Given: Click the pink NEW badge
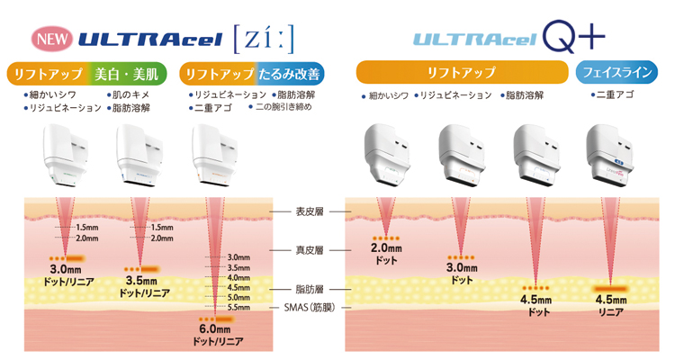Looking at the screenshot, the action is point(52,39).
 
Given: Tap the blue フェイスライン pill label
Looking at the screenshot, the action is point(616,72).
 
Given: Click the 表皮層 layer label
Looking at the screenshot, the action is point(310,211).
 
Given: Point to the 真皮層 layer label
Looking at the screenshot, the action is point(310,250).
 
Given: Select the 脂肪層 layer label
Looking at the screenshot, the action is point(310,290).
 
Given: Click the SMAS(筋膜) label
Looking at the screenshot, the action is point(310,308).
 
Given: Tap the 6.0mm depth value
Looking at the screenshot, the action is point(215,329).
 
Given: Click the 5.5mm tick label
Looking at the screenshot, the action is point(238,308).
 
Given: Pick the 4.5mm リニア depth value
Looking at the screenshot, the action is point(611,300).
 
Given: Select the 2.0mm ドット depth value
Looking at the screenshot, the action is point(386,248).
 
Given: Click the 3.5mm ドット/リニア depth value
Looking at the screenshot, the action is point(141,281).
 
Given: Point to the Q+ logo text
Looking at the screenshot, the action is point(574,37).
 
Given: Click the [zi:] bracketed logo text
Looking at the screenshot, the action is point(264,40).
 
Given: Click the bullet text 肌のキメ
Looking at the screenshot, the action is point(129,94).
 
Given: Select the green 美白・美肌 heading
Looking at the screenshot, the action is point(126,74).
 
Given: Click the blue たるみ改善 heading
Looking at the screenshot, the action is point(289,74).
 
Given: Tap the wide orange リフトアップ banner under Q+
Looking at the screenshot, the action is point(462,72).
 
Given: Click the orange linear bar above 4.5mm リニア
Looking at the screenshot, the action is point(611,289).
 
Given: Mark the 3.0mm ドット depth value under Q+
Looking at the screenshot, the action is point(462,268).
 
